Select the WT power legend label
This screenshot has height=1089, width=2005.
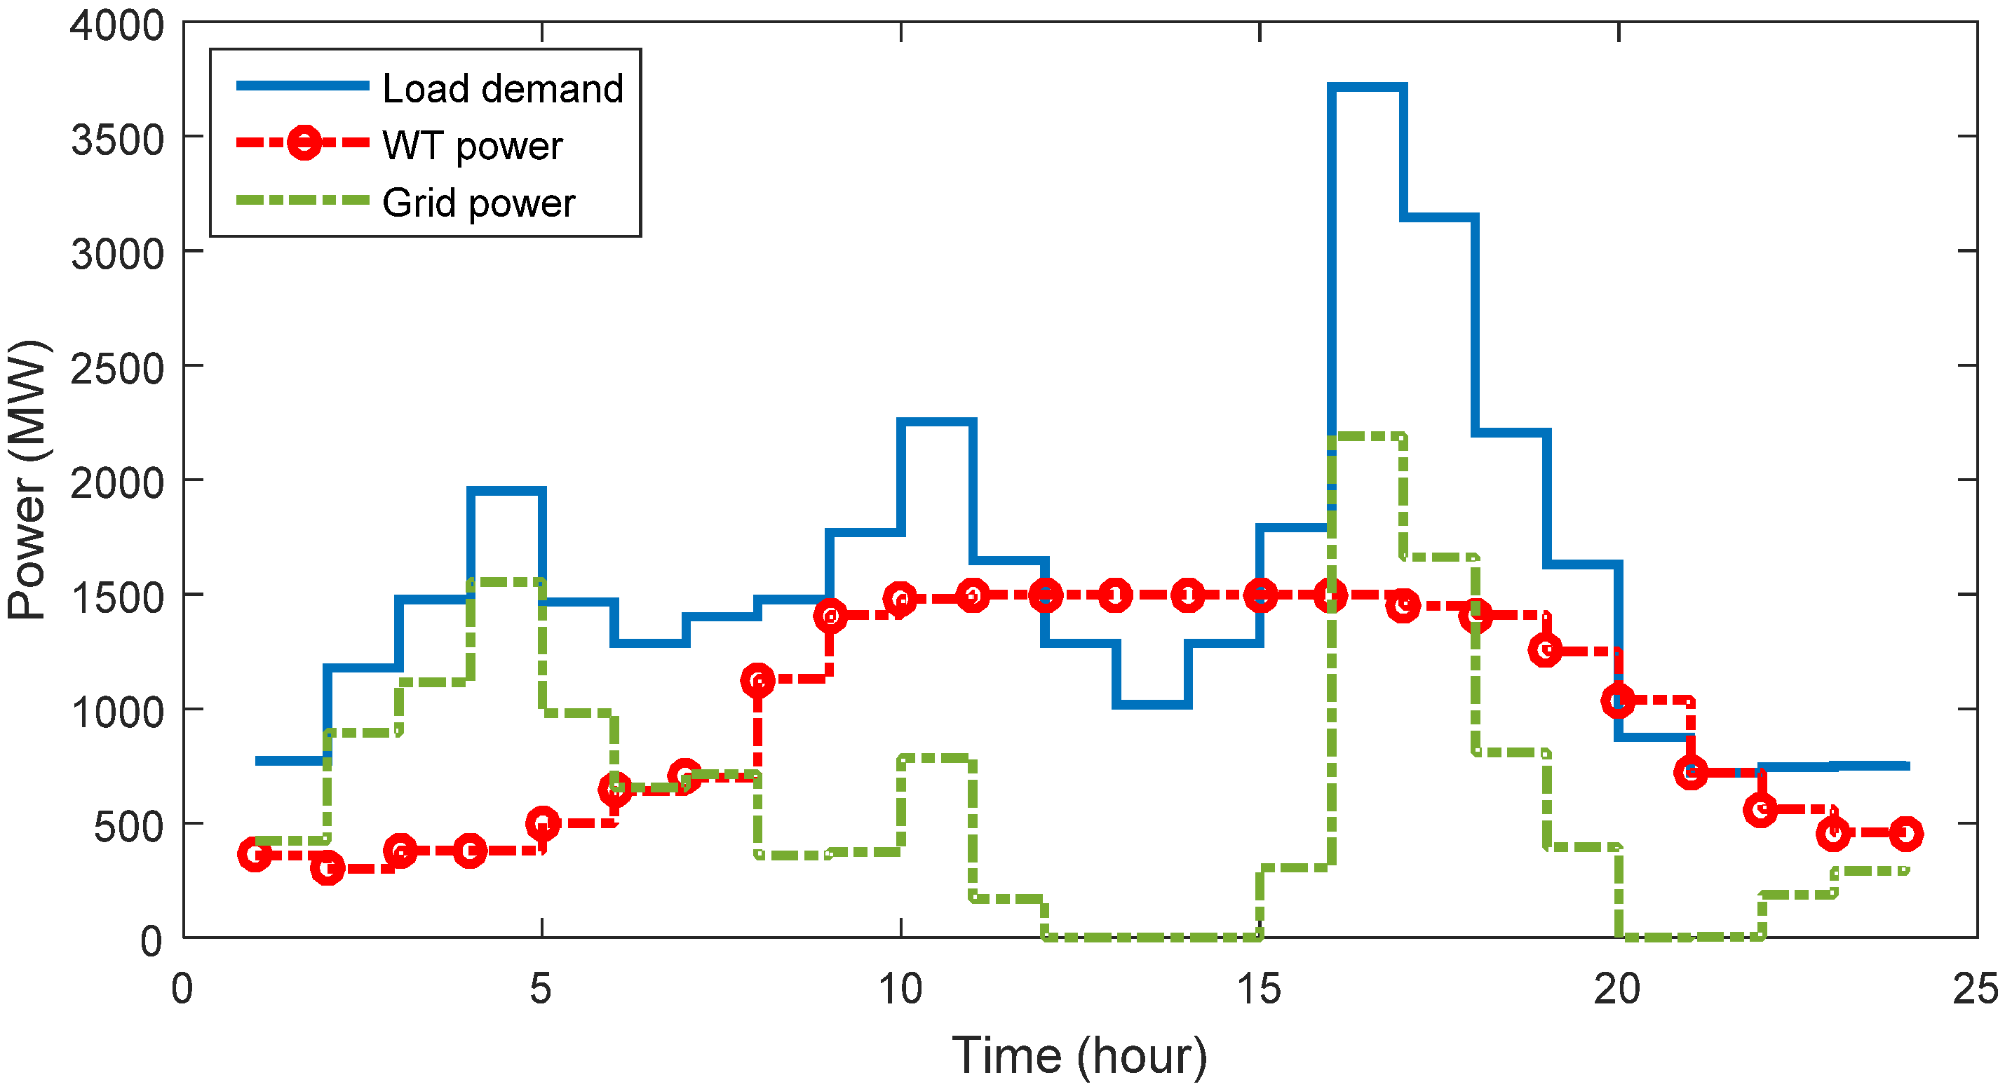point(473,146)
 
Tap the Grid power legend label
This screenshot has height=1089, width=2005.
point(479,203)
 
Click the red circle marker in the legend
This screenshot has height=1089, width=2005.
point(304,142)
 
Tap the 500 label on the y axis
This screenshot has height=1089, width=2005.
point(129,827)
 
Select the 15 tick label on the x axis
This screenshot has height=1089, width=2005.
point(1259,989)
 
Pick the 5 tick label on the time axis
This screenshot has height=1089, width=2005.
point(541,989)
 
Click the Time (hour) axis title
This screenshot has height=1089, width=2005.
point(1079,1055)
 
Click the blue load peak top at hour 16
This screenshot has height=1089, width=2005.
point(1368,87)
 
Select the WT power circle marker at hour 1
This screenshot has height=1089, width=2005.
point(255,854)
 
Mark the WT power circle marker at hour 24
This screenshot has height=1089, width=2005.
point(1905,834)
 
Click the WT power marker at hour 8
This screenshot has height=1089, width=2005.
point(757,680)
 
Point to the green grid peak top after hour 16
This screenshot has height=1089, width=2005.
point(1368,437)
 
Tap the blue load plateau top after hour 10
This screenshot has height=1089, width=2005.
point(936,422)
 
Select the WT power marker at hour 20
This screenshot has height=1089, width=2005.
point(1618,701)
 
